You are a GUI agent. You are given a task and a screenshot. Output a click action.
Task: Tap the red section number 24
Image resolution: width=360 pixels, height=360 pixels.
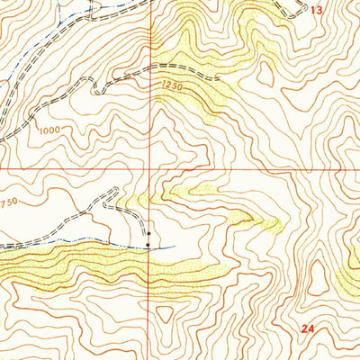point(309,330)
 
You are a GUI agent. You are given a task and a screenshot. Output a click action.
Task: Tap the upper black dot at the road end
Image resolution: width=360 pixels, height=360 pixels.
point(148,233)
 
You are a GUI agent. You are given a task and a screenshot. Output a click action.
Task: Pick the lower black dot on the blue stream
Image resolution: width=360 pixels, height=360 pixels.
point(148,244)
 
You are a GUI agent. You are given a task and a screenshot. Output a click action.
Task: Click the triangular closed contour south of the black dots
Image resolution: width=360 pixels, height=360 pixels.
point(165,314)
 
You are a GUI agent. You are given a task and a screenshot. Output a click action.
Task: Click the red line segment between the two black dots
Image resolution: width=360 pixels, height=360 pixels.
point(148,238)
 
